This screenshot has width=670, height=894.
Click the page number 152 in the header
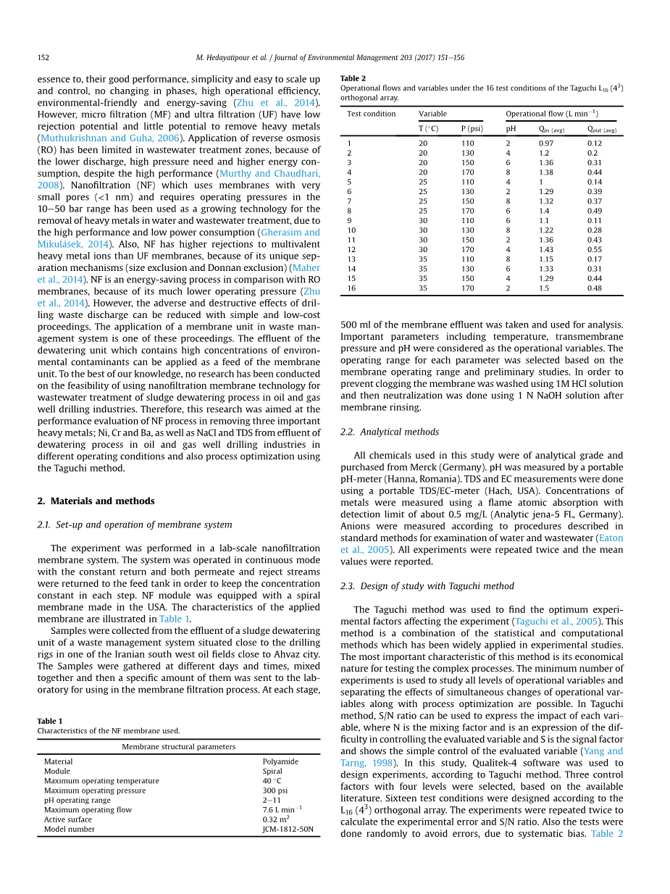[x=43, y=58]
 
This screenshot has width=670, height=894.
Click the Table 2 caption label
[x=353, y=78]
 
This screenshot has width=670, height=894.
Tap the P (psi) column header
[x=472, y=129]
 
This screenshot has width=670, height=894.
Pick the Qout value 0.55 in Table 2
[x=595, y=249]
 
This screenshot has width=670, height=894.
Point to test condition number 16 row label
[x=351, y=288]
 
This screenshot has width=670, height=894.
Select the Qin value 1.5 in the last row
[x=543, y=288]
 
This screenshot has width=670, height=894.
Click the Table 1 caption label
[x=50, y=721]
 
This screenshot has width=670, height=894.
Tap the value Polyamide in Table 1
[x=280, y=761]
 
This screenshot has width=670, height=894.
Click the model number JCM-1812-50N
[x=288, y=829]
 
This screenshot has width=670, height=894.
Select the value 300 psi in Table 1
[x=275, y=790]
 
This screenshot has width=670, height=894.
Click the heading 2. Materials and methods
[x=96, y=501]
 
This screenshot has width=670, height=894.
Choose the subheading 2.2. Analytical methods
[x=390, y=432]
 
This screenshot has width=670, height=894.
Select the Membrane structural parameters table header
[x=178, y=746]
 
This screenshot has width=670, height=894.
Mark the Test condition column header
[x=371, y=114]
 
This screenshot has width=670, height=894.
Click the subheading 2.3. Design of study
[x=427, y=586]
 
